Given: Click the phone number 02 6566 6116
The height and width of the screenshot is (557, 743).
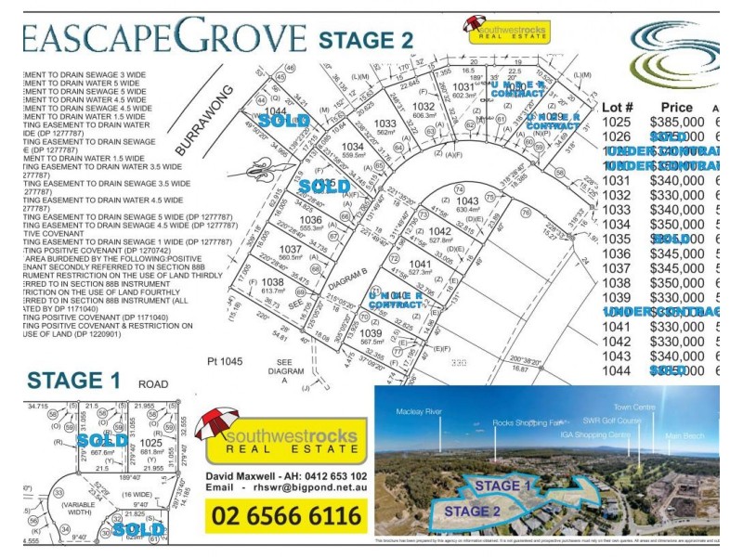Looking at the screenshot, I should click(x=287, y=515).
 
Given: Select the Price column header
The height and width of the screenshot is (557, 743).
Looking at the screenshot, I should click(x=676, y=108).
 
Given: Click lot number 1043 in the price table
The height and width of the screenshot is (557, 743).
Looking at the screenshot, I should click(x=619, y=356).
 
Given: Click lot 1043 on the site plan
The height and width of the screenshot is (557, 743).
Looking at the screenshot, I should click(x=467, y=202).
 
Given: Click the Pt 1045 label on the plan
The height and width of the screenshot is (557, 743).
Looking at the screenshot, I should click(x=224, y=360).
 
